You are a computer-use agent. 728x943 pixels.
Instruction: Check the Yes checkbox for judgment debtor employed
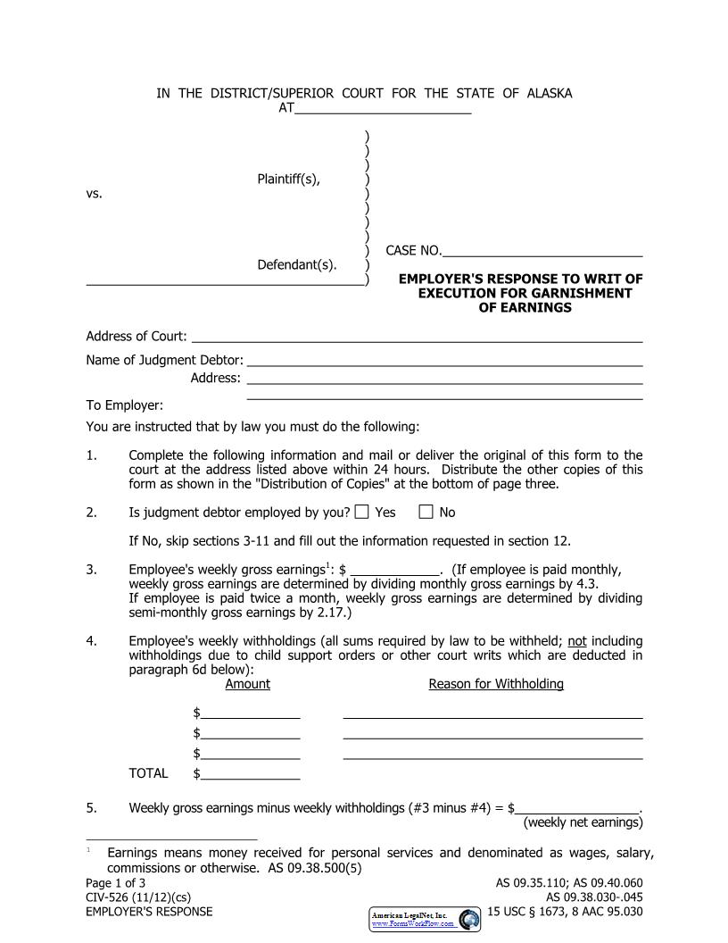pos(361,513)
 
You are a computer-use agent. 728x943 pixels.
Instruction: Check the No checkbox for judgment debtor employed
pos(426,513)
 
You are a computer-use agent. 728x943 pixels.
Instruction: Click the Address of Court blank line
pos(417,337)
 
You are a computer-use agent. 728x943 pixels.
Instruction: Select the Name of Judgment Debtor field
pos(444,361)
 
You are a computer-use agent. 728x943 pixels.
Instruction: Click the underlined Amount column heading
pos(247,684)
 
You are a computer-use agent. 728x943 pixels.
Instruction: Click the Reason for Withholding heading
pos(496,684)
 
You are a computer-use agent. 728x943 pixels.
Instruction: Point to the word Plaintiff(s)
pos(288,179)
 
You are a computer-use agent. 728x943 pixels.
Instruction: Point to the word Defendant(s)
pos(297,264)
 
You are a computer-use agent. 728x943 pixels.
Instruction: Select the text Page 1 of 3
pos(115,883)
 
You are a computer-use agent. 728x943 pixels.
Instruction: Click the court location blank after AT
pos(383,109)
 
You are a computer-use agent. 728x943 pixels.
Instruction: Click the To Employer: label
pos(124,405)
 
